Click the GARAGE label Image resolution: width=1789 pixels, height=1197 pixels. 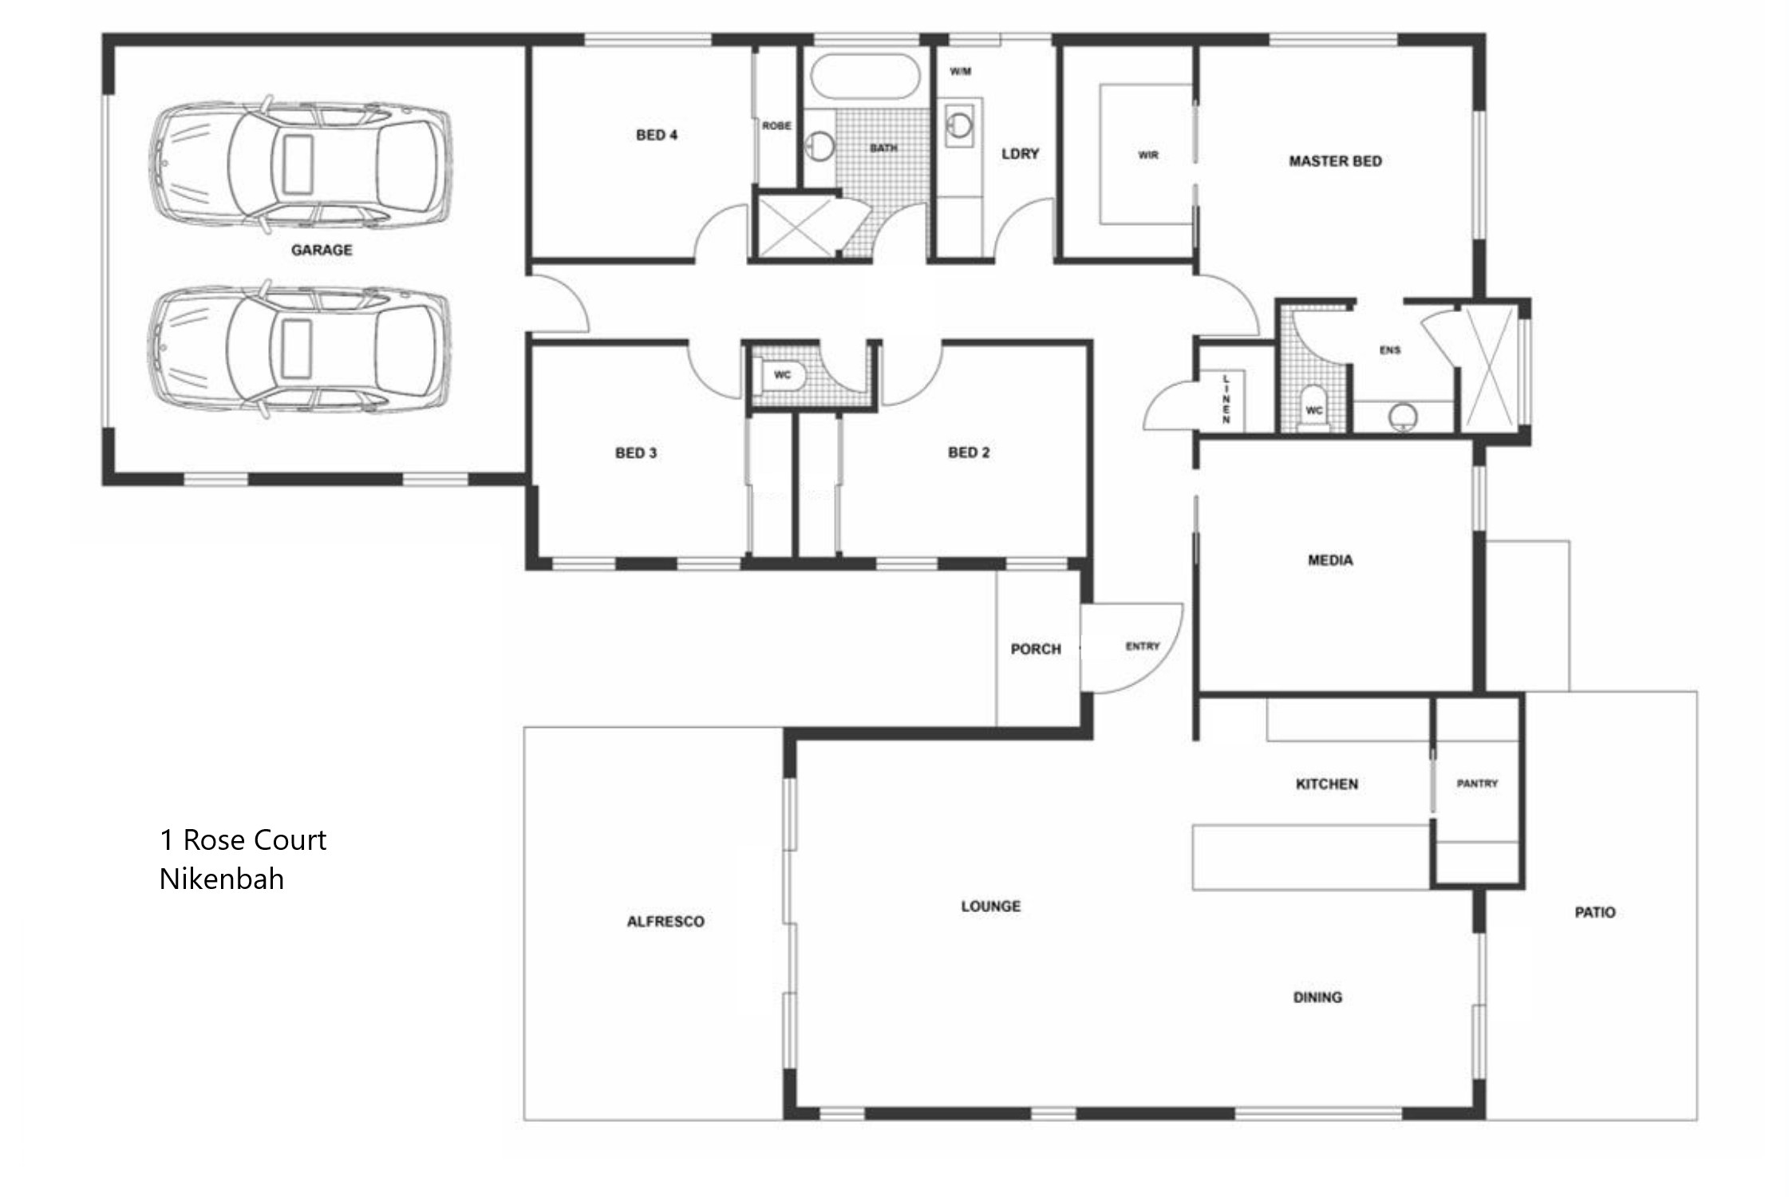point(322,250)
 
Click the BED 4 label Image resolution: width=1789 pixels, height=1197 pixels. point(657,135)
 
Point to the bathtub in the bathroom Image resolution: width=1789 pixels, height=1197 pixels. point(865,76)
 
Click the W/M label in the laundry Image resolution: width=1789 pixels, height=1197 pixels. point(961,72)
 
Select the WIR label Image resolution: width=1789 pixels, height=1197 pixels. point(1148,155)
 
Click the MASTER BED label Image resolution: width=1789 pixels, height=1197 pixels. point(1335,161)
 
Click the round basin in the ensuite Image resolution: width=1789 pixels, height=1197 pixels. point(1403,416)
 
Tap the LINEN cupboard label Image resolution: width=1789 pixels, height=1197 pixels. point(1226,397)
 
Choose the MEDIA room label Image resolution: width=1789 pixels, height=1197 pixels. point(1330,560)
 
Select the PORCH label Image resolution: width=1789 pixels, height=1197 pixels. point(1036,650)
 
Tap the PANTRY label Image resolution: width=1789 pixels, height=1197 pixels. point(1477,784)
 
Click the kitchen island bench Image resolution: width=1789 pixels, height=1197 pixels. point(1311,857)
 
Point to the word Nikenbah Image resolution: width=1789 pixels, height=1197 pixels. point(222,879)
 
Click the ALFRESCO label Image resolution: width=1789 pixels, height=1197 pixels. point(665,922)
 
